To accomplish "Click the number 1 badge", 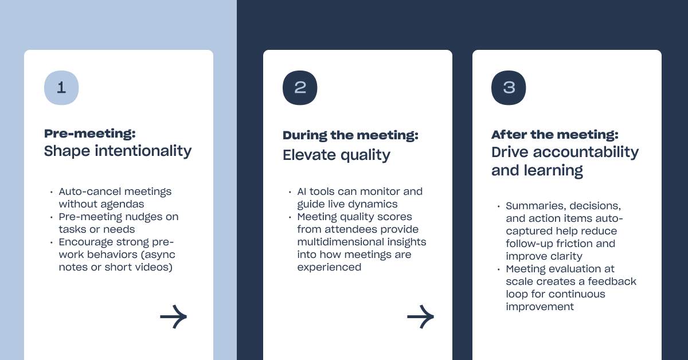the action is click(61, 88).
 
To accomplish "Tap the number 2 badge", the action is click(300, 88).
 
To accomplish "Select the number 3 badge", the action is click(509, 88).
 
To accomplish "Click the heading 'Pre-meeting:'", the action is click(89, 134).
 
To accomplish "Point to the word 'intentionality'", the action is click(143, 151).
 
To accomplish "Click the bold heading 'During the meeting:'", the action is click(350, 135).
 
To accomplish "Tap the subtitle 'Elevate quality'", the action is click(337, 155).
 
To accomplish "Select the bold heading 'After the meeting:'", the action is click(555, 135).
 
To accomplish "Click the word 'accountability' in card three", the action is click(586, 152).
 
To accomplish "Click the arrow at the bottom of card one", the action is click(174, 316).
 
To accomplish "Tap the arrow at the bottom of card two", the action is click(420, 316).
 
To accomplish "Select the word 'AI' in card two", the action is click(302, 191).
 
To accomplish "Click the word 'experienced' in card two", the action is click(329, 268).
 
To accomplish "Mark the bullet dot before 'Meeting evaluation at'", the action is click(498, 269).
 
